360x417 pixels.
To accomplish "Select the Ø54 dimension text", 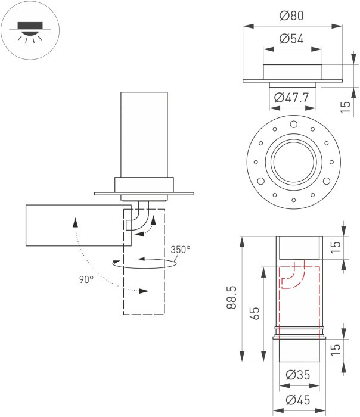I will pyautogui.click(x=292, y=39).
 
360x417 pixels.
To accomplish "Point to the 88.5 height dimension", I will pyautogui.click(x=232, y=299).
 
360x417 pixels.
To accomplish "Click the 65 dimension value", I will pyautogui.click(x=255, y=313).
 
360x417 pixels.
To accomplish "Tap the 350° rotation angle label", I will pyautogui.click(x=181, y=250).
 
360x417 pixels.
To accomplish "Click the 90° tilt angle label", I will pyautogui.click(x=86, y=279).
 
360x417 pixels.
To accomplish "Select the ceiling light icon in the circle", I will pyautogui.click(x=27, y=31).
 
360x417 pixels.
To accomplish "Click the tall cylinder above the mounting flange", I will pyautogui.click(x=144, y=134).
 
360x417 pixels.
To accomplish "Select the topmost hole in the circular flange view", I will pyautogui.click(x=293, y=124).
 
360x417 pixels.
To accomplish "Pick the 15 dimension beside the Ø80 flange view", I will pyautogui.click(x=345, y=107).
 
